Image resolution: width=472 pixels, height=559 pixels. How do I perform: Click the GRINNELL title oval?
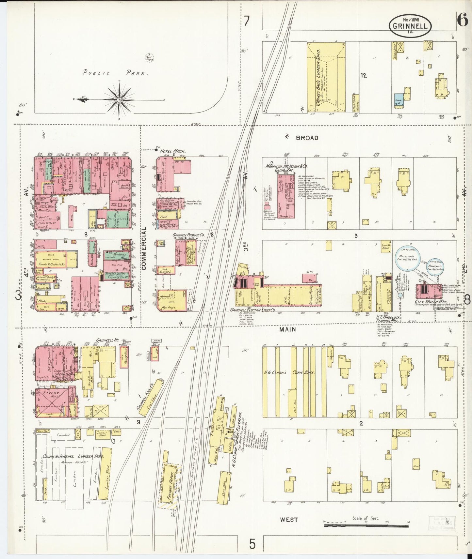tap(410, 24)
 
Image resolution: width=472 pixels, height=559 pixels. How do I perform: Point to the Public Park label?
tap(115, 72)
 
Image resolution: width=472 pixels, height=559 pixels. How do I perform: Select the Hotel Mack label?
tap(173, 151)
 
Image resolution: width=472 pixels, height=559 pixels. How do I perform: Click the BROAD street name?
tap(307, 138)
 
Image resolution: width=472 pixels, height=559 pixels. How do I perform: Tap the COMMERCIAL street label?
tap(144, 248)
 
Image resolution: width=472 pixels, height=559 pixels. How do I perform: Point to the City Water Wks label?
tap(427, 302)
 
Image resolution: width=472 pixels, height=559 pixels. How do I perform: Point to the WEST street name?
tap(289, 519)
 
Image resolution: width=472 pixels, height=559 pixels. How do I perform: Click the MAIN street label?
tap(287, 329)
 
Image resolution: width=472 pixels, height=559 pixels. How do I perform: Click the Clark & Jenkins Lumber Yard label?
tap(73, 457)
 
